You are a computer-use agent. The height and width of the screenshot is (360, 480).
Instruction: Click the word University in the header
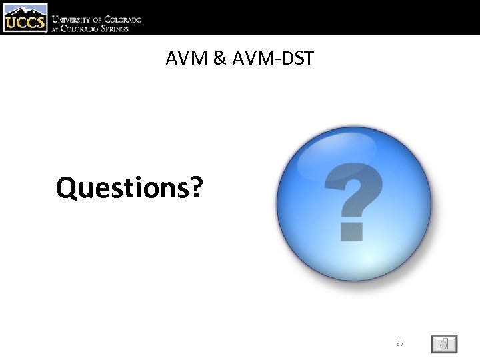(74, 20)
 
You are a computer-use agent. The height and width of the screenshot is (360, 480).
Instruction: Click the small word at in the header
(57, 29)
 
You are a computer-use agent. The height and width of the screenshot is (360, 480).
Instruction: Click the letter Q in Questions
(67, 189)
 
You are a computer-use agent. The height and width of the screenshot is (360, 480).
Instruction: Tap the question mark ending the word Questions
(196, 187)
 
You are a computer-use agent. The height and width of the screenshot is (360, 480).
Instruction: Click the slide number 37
(400, 343)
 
